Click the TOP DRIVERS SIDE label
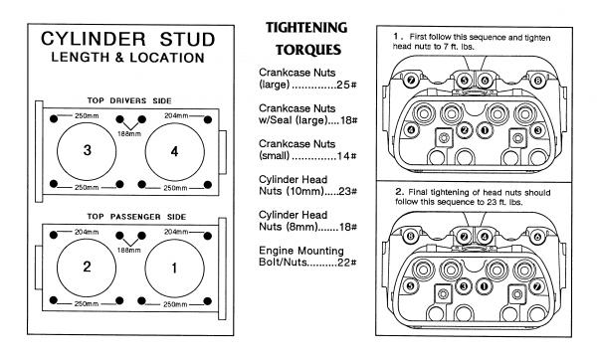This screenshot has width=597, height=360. pyautogui.click(x=129, y=100)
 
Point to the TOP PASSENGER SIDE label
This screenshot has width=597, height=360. pyautogui.click(x=136, y=217)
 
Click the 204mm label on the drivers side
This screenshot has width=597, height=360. pyautogui.click(x=176, y=115)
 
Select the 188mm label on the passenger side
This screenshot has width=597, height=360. pyautogui.click(x=129, y=250)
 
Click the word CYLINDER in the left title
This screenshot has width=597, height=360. pyautogui.click(x=94, y=39)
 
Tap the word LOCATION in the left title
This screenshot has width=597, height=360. pyautogui.click(x=167, y=58)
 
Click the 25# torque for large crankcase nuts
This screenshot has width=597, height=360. pyautogui.click(x=346, y=85)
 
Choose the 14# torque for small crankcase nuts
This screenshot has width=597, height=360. pyautogui.click(x=346, y=156)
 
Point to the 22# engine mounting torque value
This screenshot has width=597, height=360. pyautogui.click(x=347, y=263)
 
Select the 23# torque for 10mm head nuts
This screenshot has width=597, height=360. pyautogui.click(x=347, y=191)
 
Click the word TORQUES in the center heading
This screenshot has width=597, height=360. pyautogui.click(x=308, y=50)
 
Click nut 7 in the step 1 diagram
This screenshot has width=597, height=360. pyautogui.click(x=410, y=81)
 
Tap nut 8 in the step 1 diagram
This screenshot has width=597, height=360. pyautogui.click(x=537, y=81)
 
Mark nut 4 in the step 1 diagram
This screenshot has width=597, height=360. pyautogui.click(x=411, y=130)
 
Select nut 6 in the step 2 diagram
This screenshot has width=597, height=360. pyautogui.click(x=537, y=237)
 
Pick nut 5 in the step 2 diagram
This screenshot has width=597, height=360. pyautogui.click(x=410, y=285)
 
